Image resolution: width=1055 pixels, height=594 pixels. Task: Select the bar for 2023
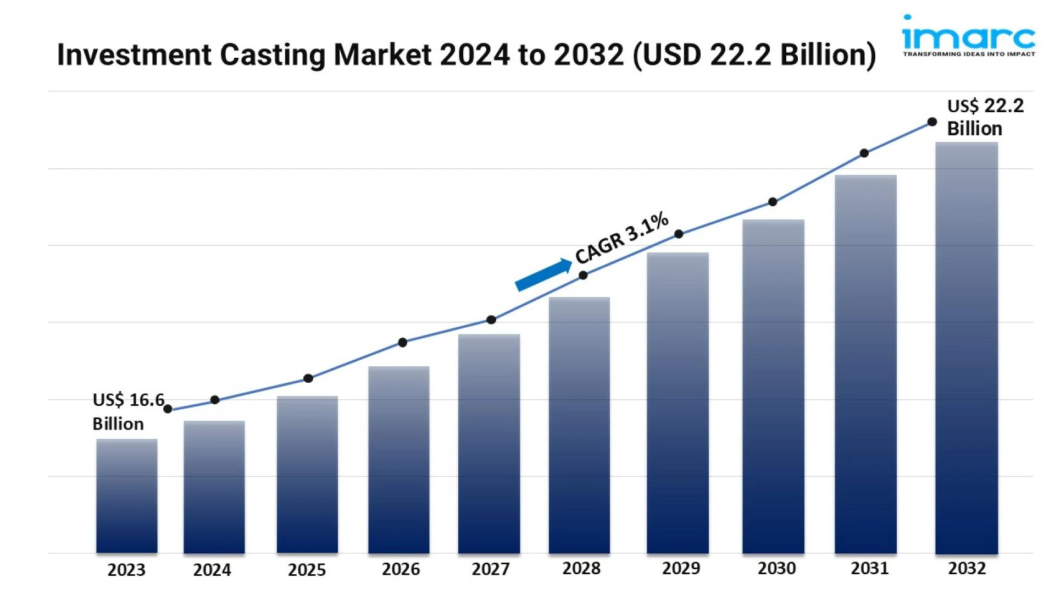126,496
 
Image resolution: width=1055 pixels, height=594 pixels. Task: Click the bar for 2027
489,443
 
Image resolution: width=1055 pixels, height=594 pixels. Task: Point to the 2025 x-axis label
307,570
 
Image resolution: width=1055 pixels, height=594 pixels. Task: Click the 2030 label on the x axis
776,568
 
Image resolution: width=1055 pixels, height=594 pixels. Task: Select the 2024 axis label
212,570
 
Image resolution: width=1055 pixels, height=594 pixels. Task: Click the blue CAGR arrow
543,274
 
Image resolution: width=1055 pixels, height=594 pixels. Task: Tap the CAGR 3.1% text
622,238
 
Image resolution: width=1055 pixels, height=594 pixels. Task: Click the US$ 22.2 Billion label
985,117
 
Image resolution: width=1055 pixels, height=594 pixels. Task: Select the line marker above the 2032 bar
932,122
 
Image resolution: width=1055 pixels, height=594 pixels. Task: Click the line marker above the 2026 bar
402,343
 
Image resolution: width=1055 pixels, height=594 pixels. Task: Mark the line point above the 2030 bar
773,202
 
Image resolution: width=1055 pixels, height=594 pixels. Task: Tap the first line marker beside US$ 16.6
168,409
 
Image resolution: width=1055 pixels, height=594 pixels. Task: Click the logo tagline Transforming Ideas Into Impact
969,54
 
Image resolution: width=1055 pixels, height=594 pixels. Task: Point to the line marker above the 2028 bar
583,276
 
